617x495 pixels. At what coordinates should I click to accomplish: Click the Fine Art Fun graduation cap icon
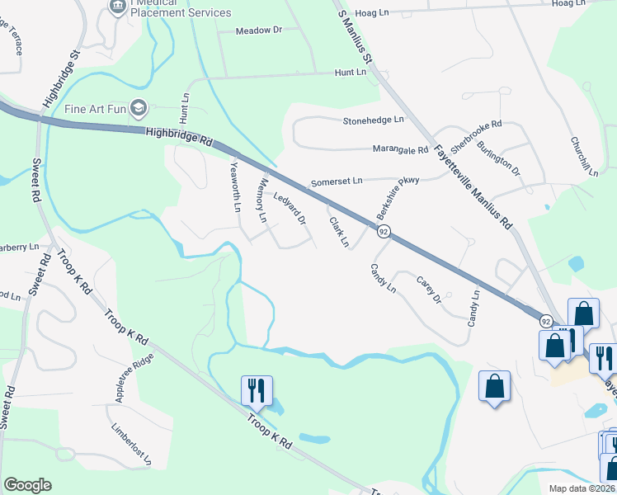coord(139,108)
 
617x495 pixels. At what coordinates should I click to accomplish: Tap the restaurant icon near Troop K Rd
coord(257,390)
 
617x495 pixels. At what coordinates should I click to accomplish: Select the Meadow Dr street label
coord(258,31)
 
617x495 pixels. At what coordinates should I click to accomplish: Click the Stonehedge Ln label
coord(374,120)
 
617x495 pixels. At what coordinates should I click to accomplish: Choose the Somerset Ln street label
coord(336,181)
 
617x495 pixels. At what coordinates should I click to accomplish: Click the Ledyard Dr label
coord(290,210)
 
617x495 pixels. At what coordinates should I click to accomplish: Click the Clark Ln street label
coord(339,232)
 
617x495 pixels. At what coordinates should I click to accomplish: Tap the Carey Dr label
coord(429,290)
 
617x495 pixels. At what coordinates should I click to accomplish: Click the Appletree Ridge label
coord(134,380)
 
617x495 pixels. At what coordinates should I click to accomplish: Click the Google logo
coord(27,485)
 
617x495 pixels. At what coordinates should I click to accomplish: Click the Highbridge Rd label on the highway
coord(177,135)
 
